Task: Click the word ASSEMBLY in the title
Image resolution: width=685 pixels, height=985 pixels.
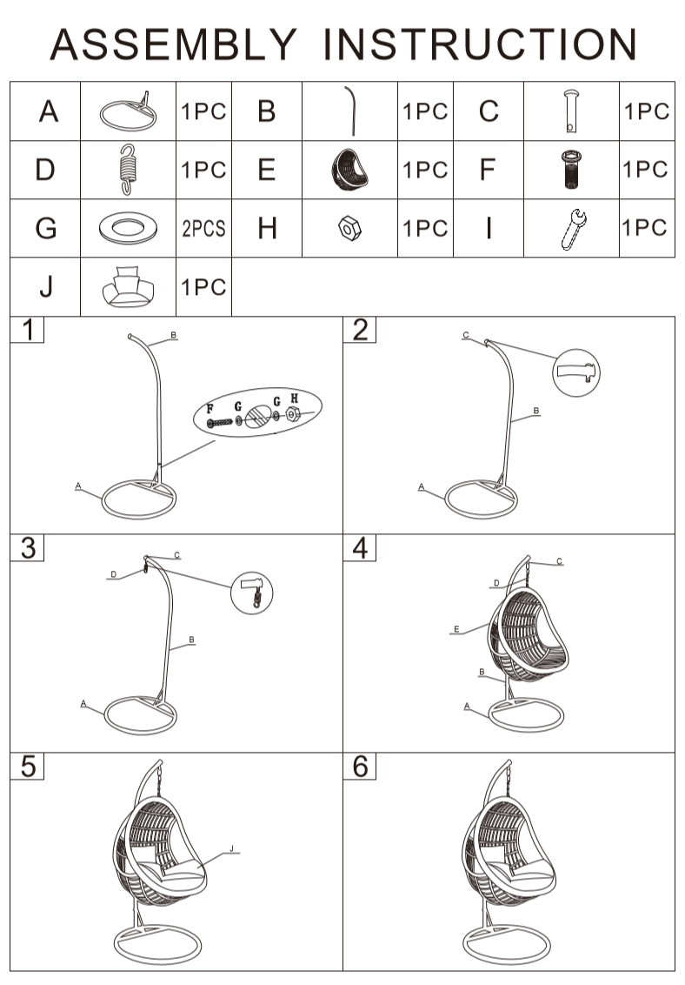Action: [x=173, y=44]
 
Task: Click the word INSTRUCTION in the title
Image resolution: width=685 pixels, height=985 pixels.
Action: [x=480, y=44]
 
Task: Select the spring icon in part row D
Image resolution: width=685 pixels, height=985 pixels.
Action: [x=128, y=170]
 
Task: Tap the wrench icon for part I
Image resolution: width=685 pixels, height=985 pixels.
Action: [x=573, y=230]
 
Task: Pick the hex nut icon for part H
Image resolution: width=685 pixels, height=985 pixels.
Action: [x=349, y=228]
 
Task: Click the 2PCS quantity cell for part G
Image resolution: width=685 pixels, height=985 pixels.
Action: [x=204, y=228]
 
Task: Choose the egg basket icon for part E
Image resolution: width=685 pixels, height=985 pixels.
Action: [x=349, y=170]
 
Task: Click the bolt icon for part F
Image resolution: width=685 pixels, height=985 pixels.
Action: [x=571, y=169]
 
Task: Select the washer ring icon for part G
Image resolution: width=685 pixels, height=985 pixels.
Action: [x=128, y=228]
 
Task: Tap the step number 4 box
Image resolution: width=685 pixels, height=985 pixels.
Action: [x=359, y=548]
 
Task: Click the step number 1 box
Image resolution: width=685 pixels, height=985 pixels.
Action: [x=28, y=330]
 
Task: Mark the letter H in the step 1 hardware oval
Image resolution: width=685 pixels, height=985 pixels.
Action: [x=294, y=399]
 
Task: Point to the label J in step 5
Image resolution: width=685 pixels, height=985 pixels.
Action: [x=231, y=848]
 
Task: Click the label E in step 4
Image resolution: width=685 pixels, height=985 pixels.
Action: [x=456, y=629]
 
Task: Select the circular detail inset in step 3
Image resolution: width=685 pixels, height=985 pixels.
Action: [x=252, y=593]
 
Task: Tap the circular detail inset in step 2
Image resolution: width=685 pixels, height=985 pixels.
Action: [x=575, y=372]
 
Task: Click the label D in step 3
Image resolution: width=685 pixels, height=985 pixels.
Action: [x=114, y=574]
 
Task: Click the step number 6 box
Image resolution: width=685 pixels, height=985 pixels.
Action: [x=359, y=767]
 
